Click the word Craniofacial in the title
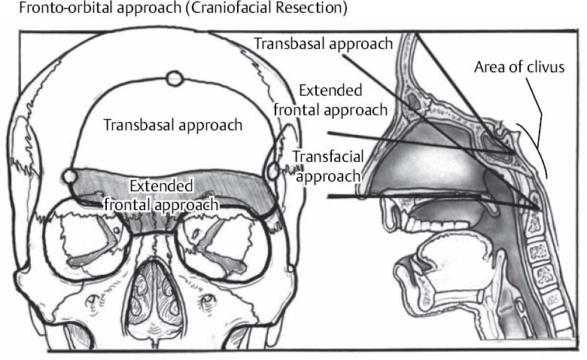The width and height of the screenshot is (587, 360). point(212,11)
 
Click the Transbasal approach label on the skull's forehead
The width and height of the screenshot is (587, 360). point(173,124)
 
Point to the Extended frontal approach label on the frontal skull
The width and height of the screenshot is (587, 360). point(162,194)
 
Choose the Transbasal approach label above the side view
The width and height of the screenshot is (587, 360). point(324,43)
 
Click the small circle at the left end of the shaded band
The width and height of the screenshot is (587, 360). point(68,176)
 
